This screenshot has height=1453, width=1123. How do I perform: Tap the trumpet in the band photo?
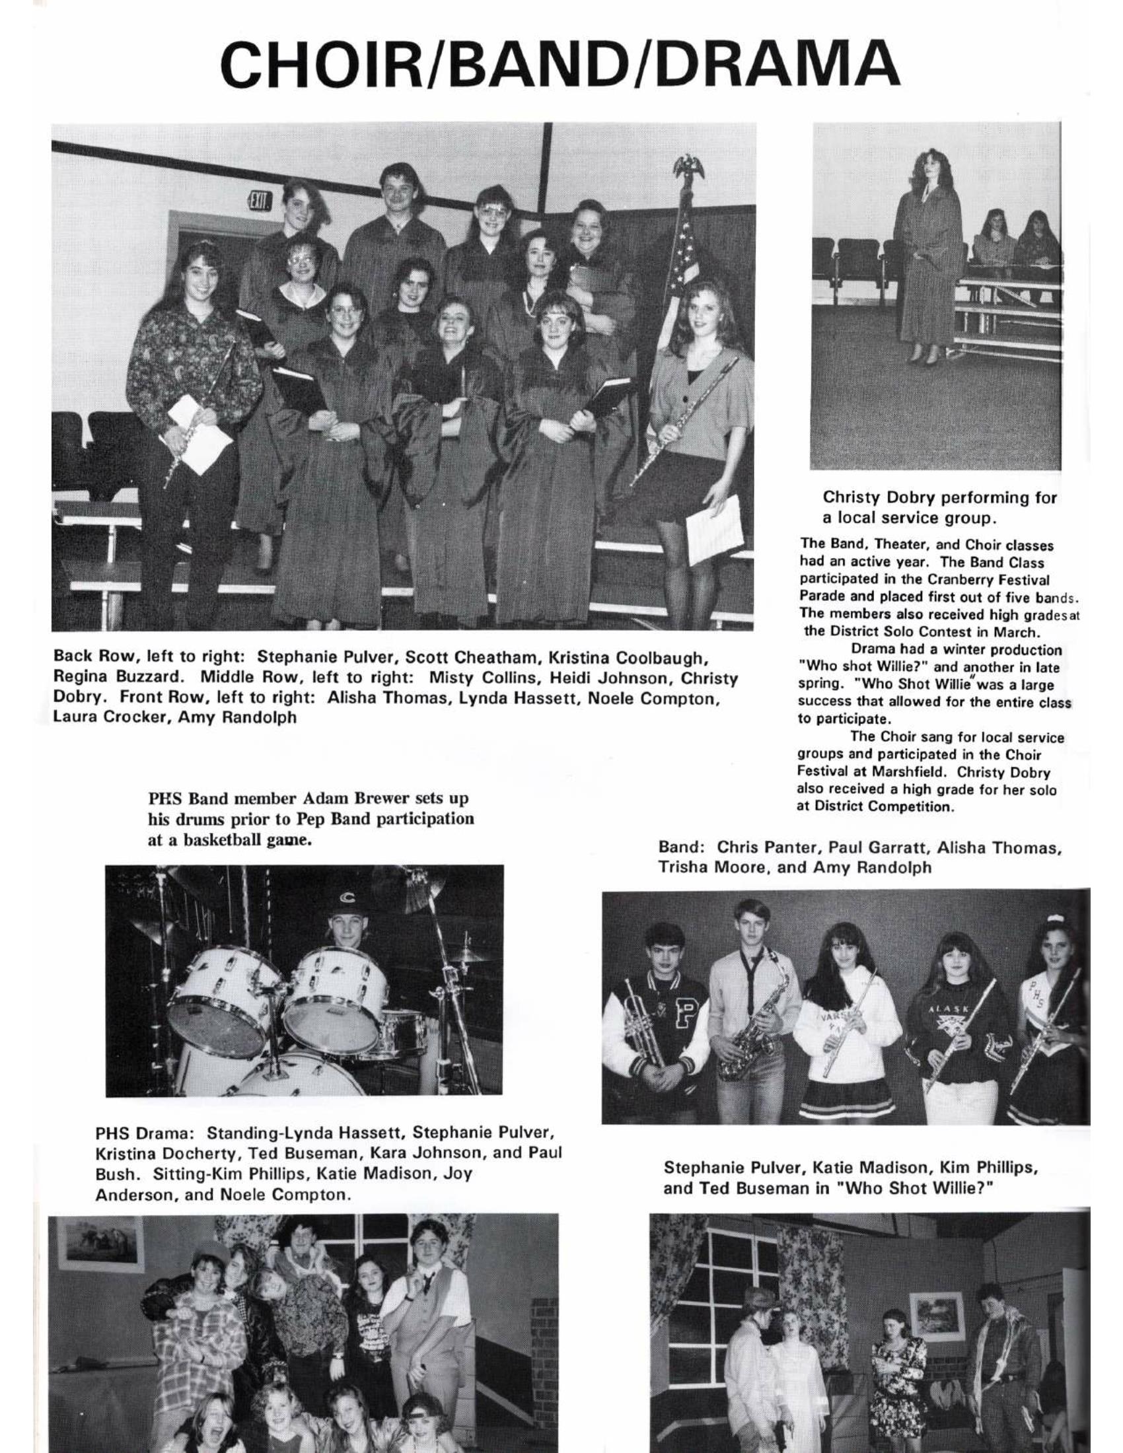(x=646, y=1027)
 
